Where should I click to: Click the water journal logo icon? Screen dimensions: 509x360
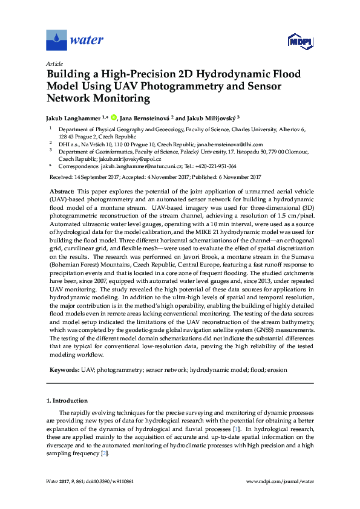pyautogui.click(x=57, y=41)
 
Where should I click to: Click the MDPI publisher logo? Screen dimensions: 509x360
pyautogui.click(x=299, y=41)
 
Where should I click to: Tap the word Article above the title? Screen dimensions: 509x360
pyautogui.click(x=54, y=63)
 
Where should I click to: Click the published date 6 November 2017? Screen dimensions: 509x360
pyautogui.click(x=237, y=177)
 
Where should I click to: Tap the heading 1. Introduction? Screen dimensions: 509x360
pyautogui.click(x=67, y=401)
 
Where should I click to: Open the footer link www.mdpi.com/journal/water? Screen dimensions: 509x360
pyautogui.click(x=280, y=481)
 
